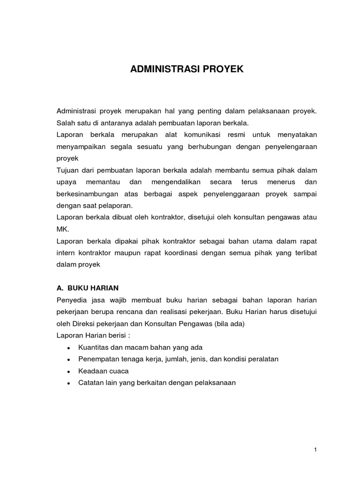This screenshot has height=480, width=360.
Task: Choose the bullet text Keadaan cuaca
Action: [x=104, y=370]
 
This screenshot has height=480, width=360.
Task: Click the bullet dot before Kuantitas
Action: [x=69, y=347]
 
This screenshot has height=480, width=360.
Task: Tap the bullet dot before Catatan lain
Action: [x=69, y=382]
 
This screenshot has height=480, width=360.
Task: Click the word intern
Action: [x=66, y=253]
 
